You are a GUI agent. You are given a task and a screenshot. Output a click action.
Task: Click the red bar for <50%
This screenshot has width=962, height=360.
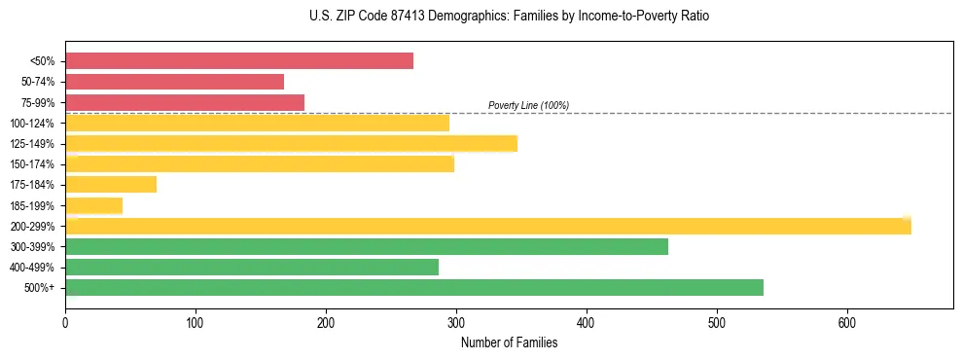pyautogui.click(x=239, y=61)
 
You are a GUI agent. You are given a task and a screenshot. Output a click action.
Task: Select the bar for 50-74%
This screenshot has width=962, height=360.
pyautogui.click(x=175, y=82)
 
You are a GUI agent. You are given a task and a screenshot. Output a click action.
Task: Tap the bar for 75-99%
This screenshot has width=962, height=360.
pyautogui.click(x=185, y=102)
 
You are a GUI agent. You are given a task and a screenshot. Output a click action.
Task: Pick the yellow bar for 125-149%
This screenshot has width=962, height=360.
pyautogui.click(x=291, y=144)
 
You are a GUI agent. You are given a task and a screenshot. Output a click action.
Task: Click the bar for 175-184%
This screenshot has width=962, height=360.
pyautogui.click(x=111, y=185)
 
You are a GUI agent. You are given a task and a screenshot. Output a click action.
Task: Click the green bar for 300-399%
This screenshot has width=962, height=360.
pyautogui.click(x=367, y=246)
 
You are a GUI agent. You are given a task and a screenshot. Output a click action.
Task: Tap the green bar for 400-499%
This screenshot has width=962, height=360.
pyautogui.click(x=252, y=267)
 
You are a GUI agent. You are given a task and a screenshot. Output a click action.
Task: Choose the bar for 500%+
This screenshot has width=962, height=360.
pyautogui.click(x=414, y=287)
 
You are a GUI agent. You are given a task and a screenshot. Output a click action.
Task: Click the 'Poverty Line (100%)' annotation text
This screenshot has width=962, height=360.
pyautogui.click(x=528, y=105)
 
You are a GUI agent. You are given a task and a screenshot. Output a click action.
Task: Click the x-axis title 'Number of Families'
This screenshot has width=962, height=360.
pyautogui.click(x=509, y=342)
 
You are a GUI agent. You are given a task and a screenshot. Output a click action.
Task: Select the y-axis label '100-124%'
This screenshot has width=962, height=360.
pyautogui.click(x=33, y=124)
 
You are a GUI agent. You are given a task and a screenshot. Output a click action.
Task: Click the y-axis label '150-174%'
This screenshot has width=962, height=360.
pyautogui.click(x=33, y=164)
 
